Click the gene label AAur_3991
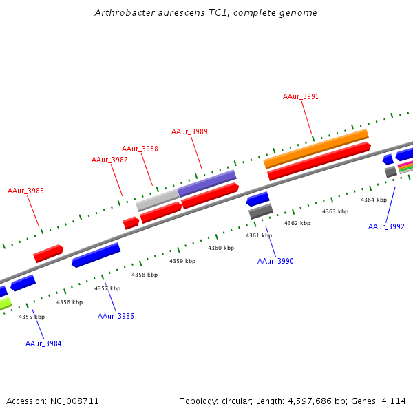point(301,97)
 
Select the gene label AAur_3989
point(189,131)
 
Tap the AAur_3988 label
point(140,149)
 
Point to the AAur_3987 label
point(109,160)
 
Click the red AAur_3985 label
point(25,191)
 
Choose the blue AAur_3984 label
point(43,343)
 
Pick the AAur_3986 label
point(116,316)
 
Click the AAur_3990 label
point(275,261)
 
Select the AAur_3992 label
point(386,226)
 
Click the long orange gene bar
point(316,149)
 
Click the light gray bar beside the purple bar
point(157,200)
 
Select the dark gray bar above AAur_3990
point(261,211)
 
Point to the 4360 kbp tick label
point(221,248)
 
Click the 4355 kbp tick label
point(32,317)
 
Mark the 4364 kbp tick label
point(374,200)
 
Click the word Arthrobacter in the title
point(121,13)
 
